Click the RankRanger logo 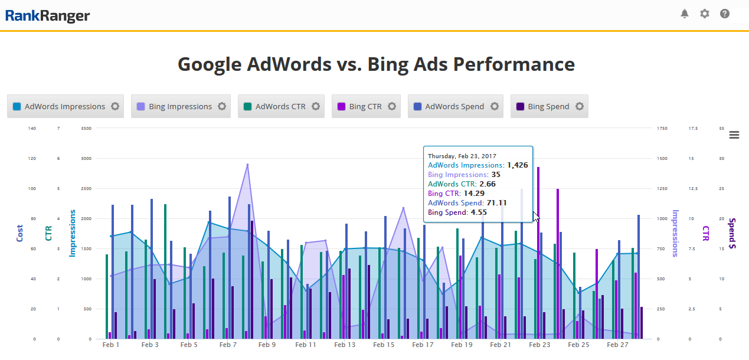[x=48, y=15]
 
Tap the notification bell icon [x=685, y=14]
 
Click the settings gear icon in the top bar [x=704, y=14]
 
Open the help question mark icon [x=725, y=14]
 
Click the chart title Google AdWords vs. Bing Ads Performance [x=376, y=64]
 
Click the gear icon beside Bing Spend [x=580, y=107]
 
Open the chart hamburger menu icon [x=734, y=135]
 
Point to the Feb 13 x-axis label [x=344, y=345]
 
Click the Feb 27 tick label [x=618, y=345]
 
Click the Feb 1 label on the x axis [x=111, y=345]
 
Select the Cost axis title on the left [x=20, y=233]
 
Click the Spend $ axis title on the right [x=732, y=233]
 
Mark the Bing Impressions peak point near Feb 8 [x=247, y=165]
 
